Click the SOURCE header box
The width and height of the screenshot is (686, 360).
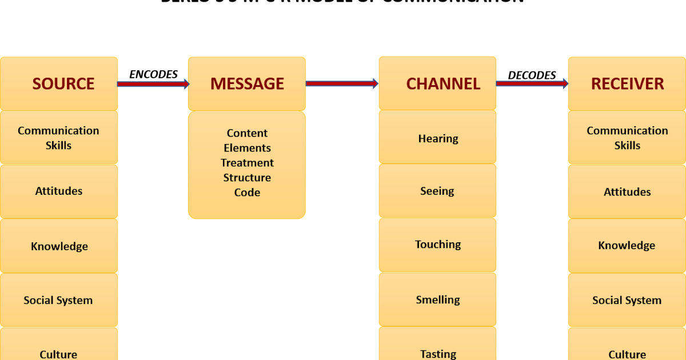59,83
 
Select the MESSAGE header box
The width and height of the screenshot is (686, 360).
247,83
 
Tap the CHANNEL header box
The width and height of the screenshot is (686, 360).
437,83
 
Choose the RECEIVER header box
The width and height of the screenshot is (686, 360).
627,83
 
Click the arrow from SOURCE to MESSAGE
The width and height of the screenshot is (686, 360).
153,84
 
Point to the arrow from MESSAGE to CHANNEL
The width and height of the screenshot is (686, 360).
342,83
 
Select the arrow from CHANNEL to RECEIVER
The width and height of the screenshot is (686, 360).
532,83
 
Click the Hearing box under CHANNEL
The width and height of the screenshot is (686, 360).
437,138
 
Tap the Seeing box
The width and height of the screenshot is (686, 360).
437,191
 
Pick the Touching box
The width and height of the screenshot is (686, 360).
437,245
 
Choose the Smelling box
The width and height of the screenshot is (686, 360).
437,299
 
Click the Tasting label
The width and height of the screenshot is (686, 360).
438,354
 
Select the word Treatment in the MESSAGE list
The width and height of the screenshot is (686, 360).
247,163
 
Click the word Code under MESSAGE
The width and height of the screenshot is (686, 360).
247,193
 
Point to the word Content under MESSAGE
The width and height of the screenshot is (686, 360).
247,133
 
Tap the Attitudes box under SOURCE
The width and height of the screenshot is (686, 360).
59,191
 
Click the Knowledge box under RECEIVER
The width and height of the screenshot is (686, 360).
627,245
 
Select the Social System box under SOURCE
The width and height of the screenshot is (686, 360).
59,300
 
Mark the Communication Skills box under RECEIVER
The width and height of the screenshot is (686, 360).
627,138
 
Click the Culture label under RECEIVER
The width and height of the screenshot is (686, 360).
627,354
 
